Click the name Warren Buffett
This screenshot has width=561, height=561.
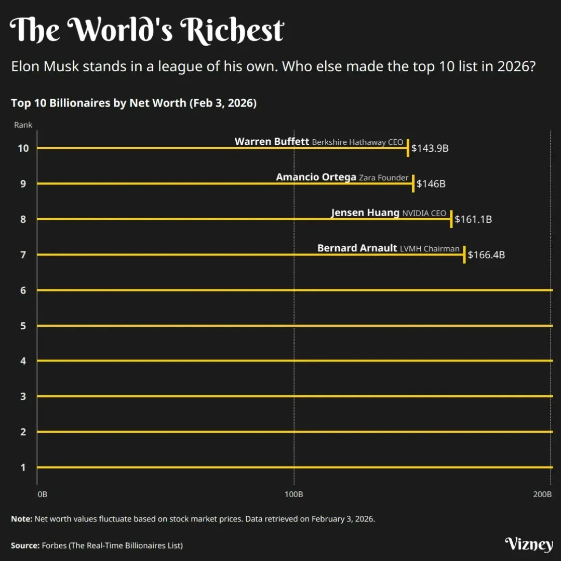tap(272, 141)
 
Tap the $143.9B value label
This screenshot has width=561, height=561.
tap(430, 149)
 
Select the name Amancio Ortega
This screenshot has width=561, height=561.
tap(316, 177)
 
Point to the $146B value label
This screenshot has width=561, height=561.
tap(431, 184)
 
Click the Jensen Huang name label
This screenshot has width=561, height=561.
tap(365, 212)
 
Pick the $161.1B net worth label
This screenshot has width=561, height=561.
tap(473, 220)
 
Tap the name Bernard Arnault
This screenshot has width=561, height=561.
tap(357, 248)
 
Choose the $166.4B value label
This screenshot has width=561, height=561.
tap(486, 255)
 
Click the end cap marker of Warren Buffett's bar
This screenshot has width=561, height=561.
tap(408, 148)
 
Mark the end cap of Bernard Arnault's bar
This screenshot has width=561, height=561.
tap(464, 255)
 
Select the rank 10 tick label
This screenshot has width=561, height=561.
tap(23, 148)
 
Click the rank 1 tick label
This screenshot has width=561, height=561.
tap(23, 468)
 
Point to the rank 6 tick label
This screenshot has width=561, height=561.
tap(23, 290)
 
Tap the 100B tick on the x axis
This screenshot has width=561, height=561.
tap(294, 494)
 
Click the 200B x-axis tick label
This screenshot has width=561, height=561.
tap(542, 494)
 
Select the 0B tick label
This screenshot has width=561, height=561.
tap(43, 494)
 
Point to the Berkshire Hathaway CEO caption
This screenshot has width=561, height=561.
tap(357, 142)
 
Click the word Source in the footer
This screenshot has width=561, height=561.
tap(24, 545)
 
